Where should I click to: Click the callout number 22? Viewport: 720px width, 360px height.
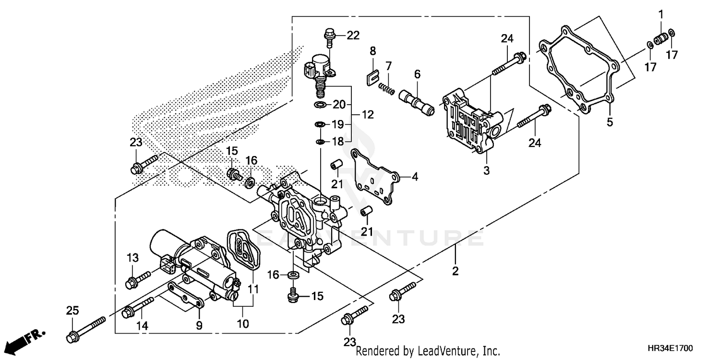353,36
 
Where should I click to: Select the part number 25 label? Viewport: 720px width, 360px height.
72,311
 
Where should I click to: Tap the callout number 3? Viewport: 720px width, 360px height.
486,170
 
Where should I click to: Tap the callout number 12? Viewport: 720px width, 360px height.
368,115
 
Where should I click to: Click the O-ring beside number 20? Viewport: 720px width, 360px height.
321,105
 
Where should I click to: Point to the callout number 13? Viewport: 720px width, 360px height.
132,258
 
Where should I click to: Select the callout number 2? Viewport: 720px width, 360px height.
455,271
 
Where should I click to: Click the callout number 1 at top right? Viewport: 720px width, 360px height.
660,14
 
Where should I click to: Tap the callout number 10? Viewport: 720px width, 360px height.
242,324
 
